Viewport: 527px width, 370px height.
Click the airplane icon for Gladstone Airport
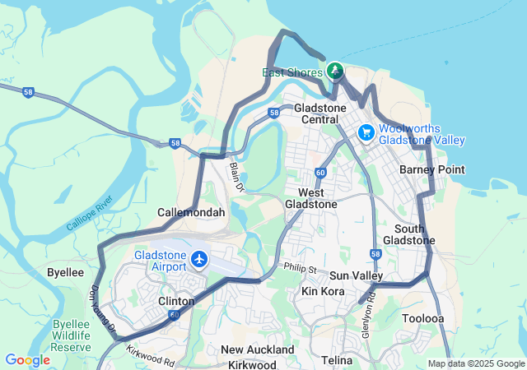(199, 260)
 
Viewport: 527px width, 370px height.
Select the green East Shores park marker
(336, 71)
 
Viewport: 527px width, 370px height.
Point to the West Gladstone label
(311, 197)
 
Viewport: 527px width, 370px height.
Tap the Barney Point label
(431, 169)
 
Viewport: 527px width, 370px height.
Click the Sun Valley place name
(356, 275)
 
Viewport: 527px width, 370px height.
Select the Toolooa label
(423, 317)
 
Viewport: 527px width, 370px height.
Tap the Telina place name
(337, 360)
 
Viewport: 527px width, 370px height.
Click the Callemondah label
(191, 212)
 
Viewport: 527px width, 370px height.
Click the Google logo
(27, 359)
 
